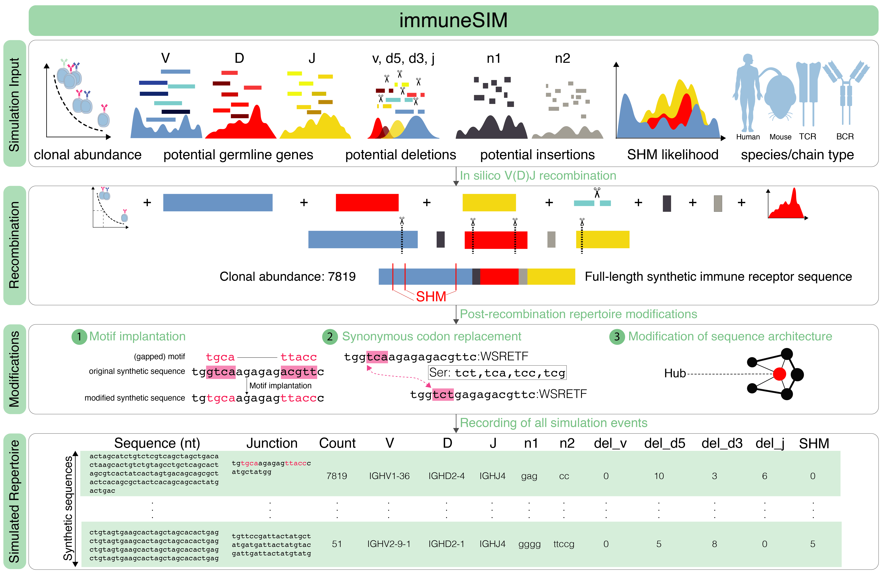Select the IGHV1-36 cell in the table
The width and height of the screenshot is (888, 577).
pos(389,476)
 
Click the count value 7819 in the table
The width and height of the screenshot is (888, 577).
pos(337,476)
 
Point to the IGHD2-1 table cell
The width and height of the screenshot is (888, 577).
pos(446,544)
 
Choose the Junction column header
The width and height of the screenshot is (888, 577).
pos(272,443)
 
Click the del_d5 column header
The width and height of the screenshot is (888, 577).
pos(664,443)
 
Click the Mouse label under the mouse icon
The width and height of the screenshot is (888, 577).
pos(780,137)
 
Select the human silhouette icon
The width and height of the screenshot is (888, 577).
pos(747,93)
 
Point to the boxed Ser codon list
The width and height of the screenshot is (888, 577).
pos(497,372)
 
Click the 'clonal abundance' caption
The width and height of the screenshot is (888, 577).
pos(88,154)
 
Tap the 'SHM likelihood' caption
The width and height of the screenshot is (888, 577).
pos(672,154)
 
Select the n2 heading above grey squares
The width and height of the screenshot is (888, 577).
pos(562,59)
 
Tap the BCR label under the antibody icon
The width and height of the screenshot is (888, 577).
pos(845,137)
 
